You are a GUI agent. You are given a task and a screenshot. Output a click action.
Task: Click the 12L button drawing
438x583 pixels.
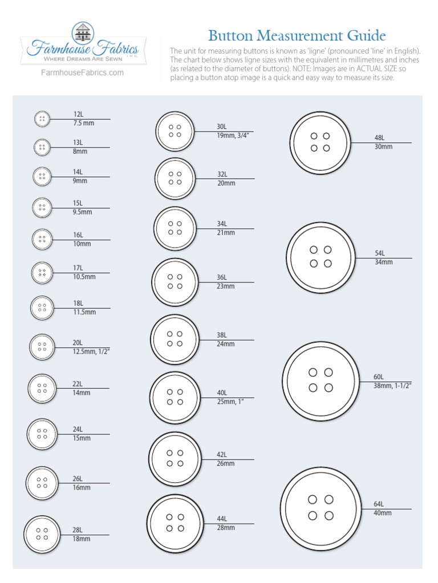(41, 120)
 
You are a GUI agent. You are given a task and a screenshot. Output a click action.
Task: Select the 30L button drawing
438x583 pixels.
(175, 132)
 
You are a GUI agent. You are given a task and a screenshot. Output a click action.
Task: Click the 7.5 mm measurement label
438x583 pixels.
(83, 123)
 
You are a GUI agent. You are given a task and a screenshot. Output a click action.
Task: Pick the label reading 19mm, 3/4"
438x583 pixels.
(234, 136)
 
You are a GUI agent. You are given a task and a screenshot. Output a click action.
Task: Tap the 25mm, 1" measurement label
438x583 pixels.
(230, 402)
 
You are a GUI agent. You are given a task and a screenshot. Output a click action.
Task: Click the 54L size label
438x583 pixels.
(379, 253)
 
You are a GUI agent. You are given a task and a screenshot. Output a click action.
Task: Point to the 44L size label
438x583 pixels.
(222, 519)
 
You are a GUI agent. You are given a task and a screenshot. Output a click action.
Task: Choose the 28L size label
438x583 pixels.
(78, 530)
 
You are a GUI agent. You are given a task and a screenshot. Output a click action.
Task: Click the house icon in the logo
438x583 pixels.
(83, 32)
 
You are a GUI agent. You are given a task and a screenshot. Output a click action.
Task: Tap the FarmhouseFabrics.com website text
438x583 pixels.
(83, 73)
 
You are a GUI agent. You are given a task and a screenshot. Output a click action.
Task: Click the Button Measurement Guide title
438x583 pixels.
(297, 36)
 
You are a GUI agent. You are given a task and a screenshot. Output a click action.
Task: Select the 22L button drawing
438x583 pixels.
(42, 388)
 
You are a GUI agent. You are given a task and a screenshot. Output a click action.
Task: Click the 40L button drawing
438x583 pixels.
(176, 397)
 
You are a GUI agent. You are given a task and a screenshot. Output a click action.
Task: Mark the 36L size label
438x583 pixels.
(222, 277)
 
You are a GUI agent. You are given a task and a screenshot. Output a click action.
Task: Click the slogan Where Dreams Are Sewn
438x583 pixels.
(79, 59)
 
